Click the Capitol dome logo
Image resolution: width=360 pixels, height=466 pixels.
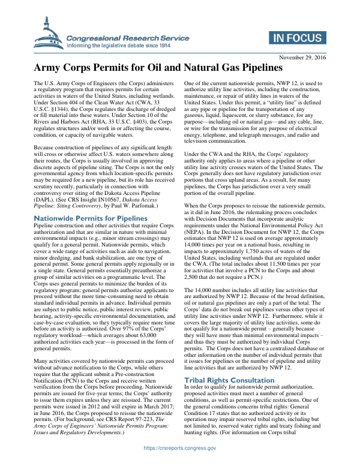pyautogui.click(x=48, y=34)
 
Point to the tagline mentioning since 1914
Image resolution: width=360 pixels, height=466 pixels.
pyautogui.click(x=119, y=45)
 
